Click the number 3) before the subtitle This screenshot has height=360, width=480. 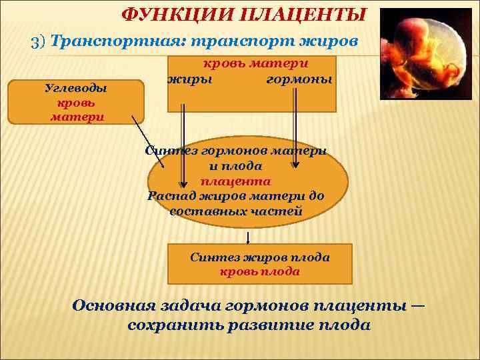pyautogui.click(x=39, y=41)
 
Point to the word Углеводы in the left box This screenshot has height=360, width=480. pyautogui.click(x=75, y=88)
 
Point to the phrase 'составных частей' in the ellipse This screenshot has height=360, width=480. pyautogui.click(x=236, y=211)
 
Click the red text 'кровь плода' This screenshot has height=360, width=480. pyautogui.click(x=259, y=271)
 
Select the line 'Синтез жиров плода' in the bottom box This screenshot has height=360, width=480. pyautogui.click(x=259, y=257)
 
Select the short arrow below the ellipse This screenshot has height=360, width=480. pyautogui.click(x=249, y=238)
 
